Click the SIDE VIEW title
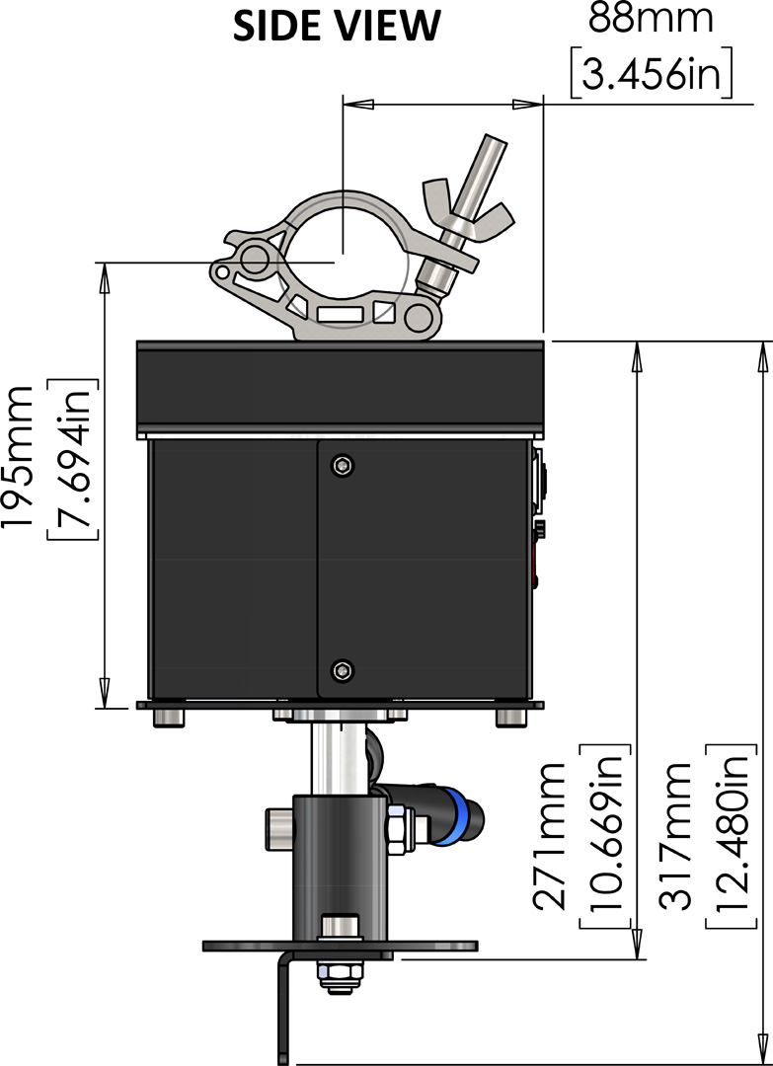[x=335, y=27]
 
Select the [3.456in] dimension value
[x=652, y=75]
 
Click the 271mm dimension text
[x=550, y=835]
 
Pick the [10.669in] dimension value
[x=602, y=834]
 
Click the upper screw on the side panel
[x=342, y=464]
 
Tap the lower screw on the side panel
[x=342, y=671]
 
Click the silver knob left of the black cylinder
[x=277, y=827]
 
